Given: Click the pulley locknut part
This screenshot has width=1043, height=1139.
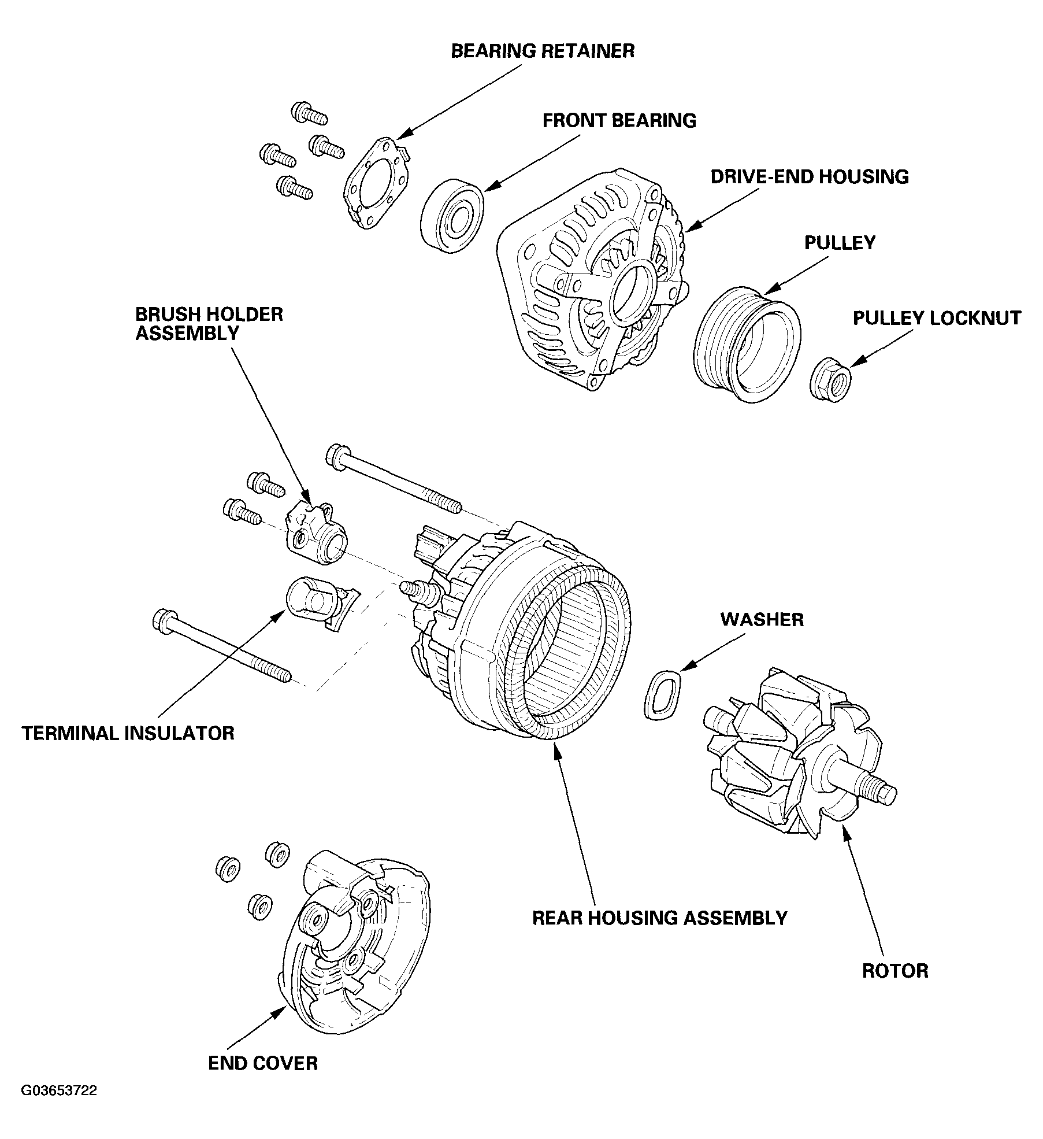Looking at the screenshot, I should click(831, 380).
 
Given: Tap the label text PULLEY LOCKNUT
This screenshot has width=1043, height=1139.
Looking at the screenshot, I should click(937, 318).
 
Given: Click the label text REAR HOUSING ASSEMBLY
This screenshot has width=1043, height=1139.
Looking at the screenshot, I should click(659, 918).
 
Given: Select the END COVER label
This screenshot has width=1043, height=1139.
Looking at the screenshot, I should click(263, 1063).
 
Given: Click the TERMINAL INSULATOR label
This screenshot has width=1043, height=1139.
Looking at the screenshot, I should click(128, 733).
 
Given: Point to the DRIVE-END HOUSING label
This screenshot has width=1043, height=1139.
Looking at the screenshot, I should click(809, 176).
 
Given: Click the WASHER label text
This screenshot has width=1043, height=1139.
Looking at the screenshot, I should click(762, 619).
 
